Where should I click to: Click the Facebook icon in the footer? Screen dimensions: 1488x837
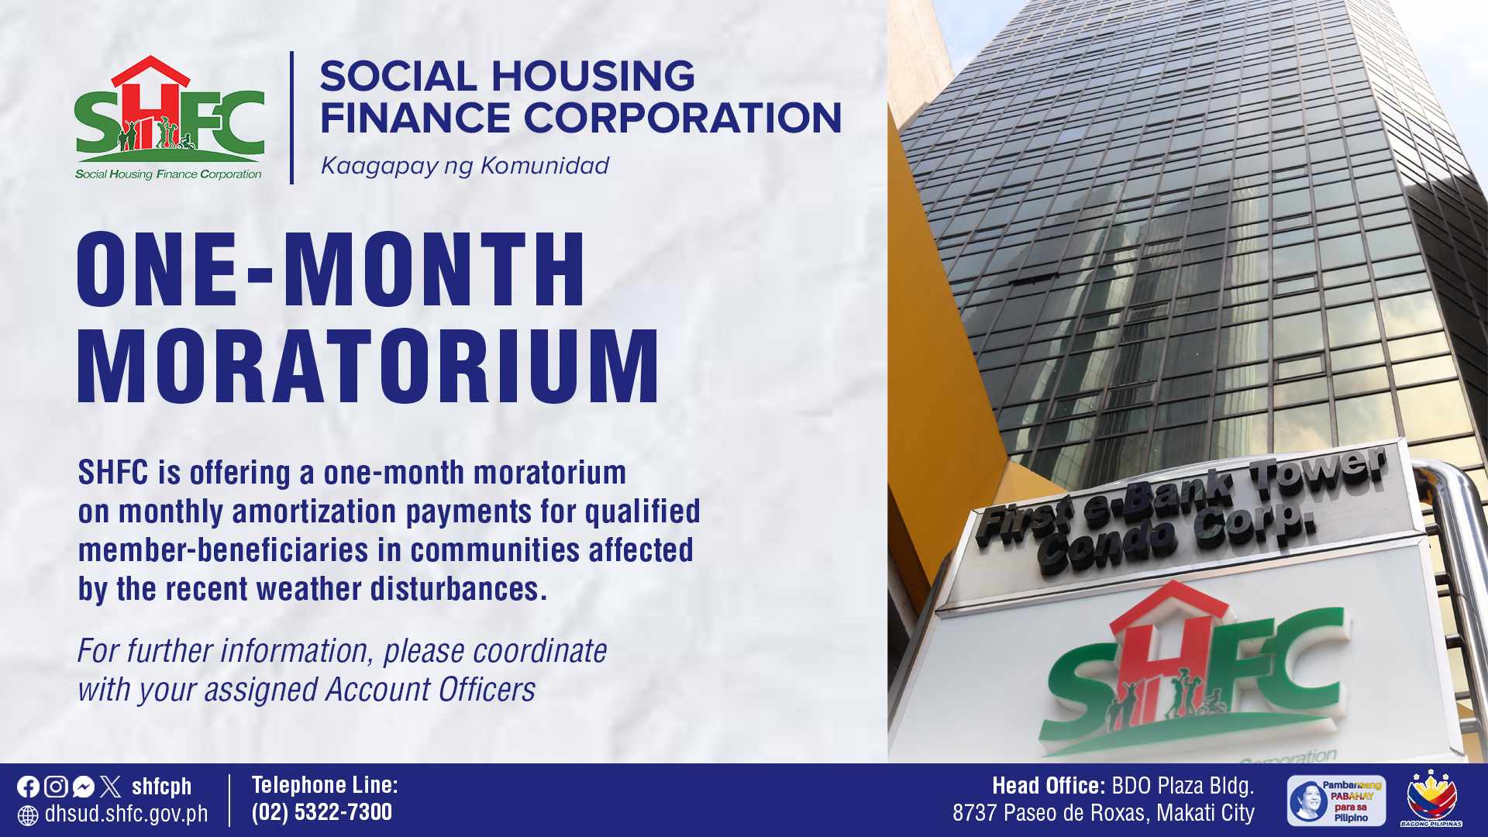[28, 787]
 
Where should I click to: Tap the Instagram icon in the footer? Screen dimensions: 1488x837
[56, 787]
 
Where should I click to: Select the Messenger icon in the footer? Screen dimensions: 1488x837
[84, 787]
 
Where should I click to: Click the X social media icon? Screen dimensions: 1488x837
[111, 787]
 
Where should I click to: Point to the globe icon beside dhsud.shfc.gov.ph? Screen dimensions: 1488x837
[28, 815]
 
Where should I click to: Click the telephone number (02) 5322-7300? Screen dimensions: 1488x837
[322, 811]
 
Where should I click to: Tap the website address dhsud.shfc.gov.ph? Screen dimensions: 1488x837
[126, 814]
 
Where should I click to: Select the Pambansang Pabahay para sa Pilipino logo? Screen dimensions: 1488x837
[1336, 801]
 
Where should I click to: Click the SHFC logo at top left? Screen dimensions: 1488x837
[170, 118]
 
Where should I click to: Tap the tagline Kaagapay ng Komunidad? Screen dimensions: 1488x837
[465, 166]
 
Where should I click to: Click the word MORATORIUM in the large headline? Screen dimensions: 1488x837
[368, 366]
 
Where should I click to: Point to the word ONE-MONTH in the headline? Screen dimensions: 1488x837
[331, 269]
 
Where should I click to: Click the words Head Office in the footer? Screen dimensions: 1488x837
[1049, 786]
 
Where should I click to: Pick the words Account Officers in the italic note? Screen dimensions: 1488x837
[430, 690]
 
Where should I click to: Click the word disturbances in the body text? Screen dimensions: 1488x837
[459, 589]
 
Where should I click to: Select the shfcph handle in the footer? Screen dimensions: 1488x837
[161, 787]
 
